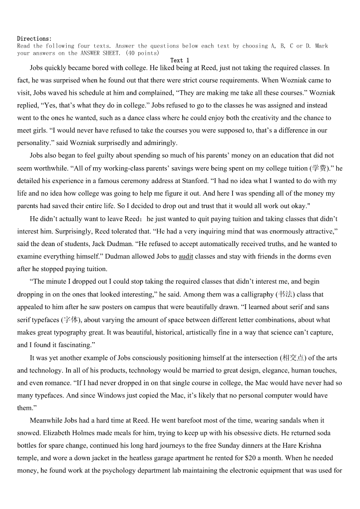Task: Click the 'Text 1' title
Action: [180, 60]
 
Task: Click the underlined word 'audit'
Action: [186, 257]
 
